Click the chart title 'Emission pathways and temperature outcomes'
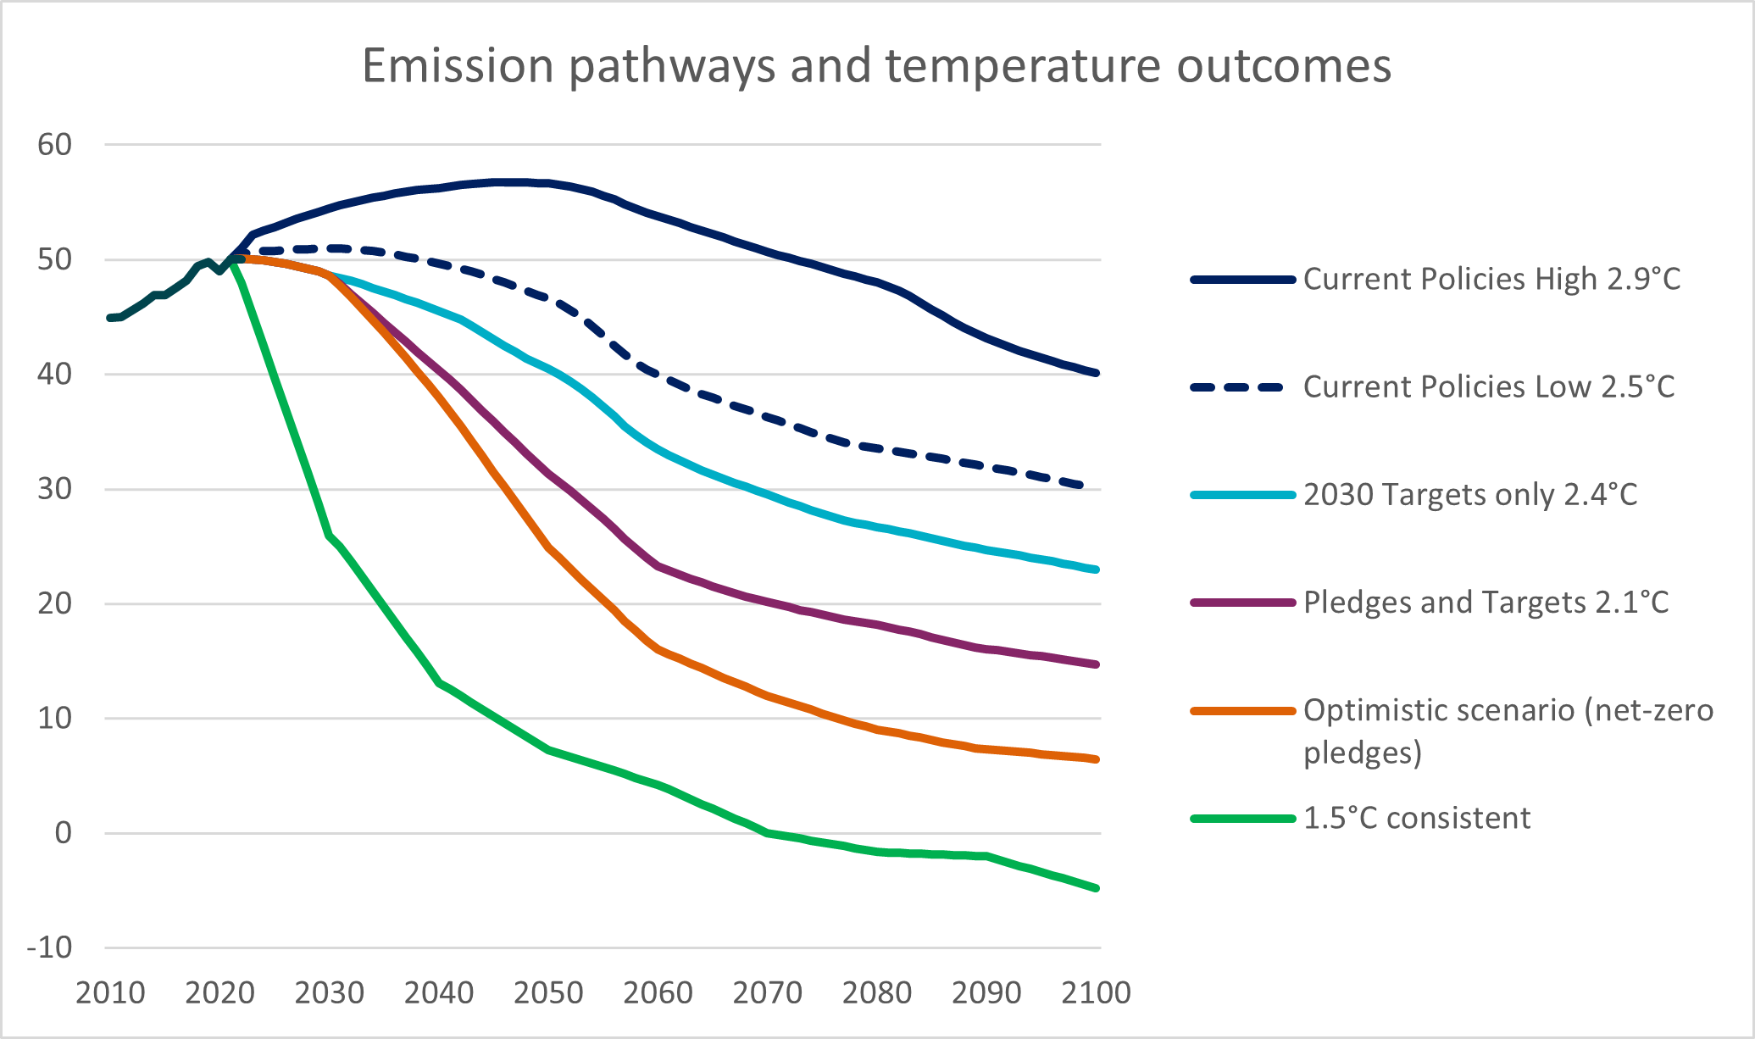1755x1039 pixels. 876,66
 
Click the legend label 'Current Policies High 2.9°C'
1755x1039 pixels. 1491,279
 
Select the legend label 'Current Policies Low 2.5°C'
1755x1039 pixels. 1489,386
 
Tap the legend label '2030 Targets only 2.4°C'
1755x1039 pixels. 1470,494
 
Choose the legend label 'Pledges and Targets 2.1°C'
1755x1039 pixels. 1486,603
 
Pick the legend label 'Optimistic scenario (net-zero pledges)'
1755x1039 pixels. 1508,731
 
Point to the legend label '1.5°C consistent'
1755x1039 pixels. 1417,818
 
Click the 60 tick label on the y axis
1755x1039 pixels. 55,145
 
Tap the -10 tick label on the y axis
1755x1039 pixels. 50,947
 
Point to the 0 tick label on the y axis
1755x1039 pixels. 64,833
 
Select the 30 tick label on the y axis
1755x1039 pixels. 55,489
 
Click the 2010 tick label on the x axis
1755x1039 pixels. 110,992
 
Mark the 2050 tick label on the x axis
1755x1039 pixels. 548,992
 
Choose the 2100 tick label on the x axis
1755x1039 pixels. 1096,992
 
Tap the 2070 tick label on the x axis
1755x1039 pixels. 767,992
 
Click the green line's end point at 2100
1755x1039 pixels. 1097,888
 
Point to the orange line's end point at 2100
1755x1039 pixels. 1097,759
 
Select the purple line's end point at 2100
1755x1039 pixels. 1097,664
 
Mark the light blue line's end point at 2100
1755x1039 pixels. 1097,570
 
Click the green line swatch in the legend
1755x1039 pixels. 1242,819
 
